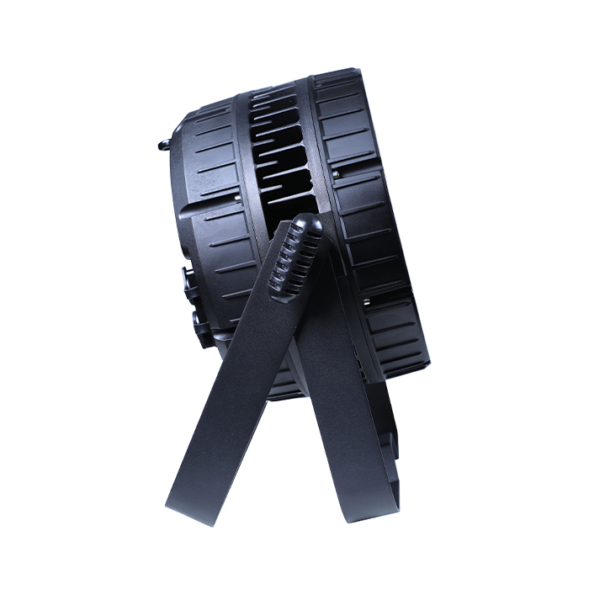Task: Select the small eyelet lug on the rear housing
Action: click(162, 145)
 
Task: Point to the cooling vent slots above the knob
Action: click(282, 160)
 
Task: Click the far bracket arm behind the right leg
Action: click(387, 438)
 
